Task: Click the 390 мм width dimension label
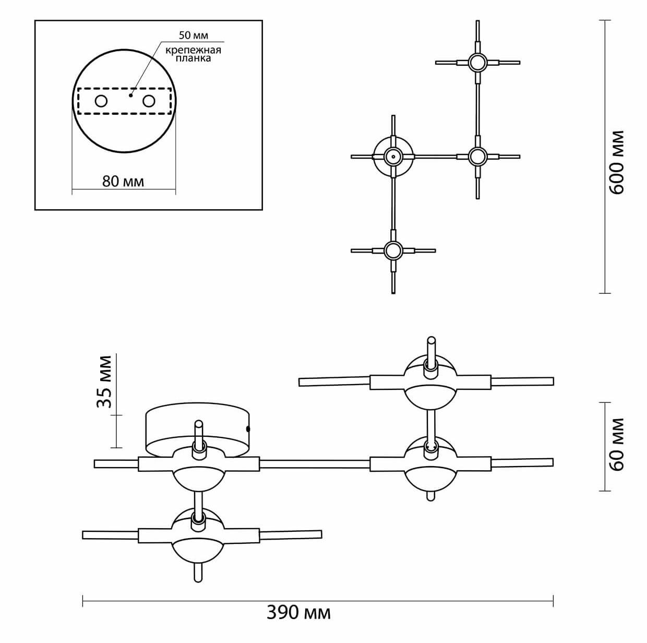tap(298, 612)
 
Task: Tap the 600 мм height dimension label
tap(617, 162)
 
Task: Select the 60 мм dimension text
tap(617, 444)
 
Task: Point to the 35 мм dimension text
tap(105, 382)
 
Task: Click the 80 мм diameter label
tap(123, 181)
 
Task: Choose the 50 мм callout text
tap(193, 35)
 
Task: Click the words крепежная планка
tap(193, 54)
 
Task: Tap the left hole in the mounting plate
tap(101, 101)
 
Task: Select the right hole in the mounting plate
tap(149, 101)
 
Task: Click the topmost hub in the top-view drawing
tap(477, 63)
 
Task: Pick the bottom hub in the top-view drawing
tap(392, 251)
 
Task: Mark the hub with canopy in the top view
tap(393, 156)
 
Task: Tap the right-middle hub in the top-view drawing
tap(477, 156)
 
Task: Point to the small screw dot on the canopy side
tap(248, 429)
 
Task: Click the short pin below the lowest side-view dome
tap(198, 573)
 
